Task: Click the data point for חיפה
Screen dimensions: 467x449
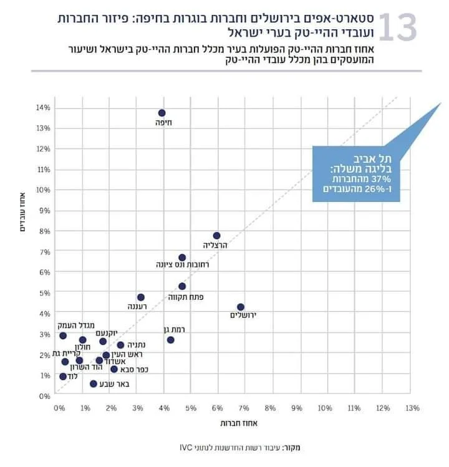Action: pyautogui.click(x=162, y=113)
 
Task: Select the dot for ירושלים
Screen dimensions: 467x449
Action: pyautogui.click(x=241, y=307)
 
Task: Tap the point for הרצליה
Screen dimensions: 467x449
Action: pyautogui.click(x=216, y=236)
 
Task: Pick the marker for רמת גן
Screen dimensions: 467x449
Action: pyautogui.click(x=170, y=340)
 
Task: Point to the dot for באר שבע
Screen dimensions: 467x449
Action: pyautogui.click(x=93, y=383)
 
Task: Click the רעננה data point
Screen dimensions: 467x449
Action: pyautogui.click(x=140, y=297)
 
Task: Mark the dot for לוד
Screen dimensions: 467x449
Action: pyautogui.click(x=63, y=377)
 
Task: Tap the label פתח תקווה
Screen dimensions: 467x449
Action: pyautogui.click(x=186, y=297)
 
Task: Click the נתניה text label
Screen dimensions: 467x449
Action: pyautogui.click(x=137, y=344)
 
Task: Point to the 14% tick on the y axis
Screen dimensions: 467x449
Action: pyautogui.click(x=43, y=108)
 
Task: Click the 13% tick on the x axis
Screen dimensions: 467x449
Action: pyautogui.click(x=412, y=408)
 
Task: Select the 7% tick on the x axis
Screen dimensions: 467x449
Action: pyautogui.click(x=244, y=408)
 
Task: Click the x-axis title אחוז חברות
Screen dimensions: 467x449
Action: pyautogui.click(x=235, y=423)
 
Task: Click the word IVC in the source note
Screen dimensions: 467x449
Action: pyautogui.click(x=184, y=447)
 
